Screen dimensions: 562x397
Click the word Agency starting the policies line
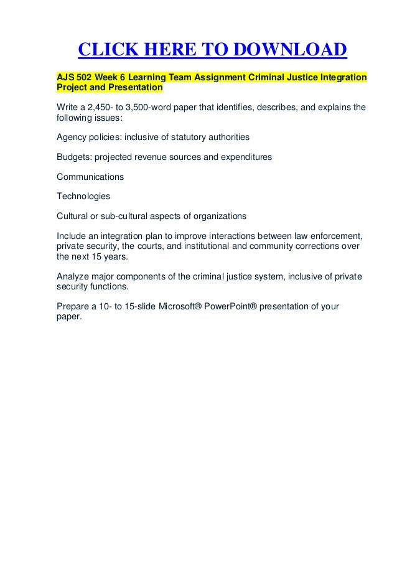pos(71,136)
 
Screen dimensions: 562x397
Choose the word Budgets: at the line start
pos(75,156)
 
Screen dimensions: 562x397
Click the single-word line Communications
pos(90,177)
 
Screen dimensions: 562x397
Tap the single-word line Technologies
pos(83,197)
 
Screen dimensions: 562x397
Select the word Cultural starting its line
pos(72,217)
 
